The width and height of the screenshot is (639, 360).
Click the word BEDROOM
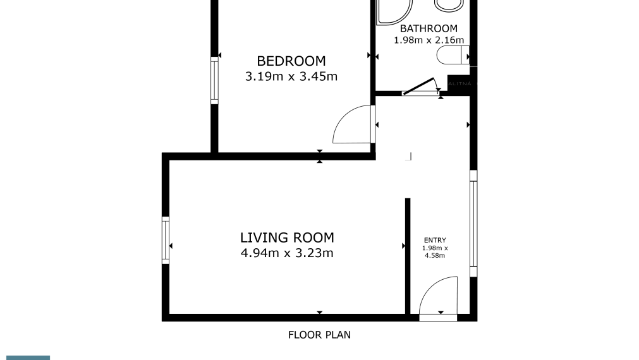point(291,61)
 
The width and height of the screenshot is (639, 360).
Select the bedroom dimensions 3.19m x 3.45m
point(291,77)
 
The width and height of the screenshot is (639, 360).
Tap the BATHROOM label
point(428,28)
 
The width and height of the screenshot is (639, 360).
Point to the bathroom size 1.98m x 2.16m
point(429,40)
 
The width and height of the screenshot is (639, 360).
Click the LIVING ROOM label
point(287,238)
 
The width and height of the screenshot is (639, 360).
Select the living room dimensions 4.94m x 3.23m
point(287,254)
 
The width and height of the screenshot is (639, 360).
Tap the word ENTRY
point(435,240)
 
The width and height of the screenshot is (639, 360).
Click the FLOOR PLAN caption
point(319,335)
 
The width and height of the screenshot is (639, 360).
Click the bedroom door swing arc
point(351,125)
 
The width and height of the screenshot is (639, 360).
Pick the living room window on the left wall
point(166,240)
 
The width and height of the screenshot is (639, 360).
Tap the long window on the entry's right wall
point(473,224)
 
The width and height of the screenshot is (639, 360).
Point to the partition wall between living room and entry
point(408,256)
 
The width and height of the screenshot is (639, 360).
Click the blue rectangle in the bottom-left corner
point(25,357)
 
